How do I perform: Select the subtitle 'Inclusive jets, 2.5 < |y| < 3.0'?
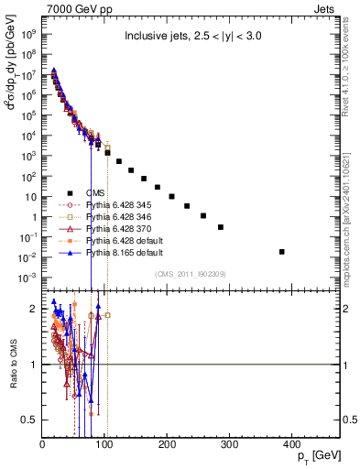click(191, 38)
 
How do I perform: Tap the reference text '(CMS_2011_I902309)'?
click(190, 273)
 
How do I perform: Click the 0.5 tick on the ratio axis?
click(29, 420)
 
